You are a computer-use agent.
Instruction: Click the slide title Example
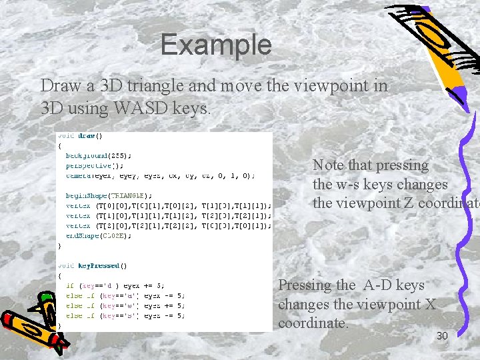(x=215, y=45)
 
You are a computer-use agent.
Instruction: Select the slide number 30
(x=442, y=336)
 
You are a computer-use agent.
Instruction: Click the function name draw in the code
(x=86, y=135)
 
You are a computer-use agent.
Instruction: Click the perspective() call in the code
(x=94, y=165)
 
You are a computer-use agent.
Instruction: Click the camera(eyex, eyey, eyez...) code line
(x=160, y=175)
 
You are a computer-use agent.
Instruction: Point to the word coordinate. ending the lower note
(x=313, y=323)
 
